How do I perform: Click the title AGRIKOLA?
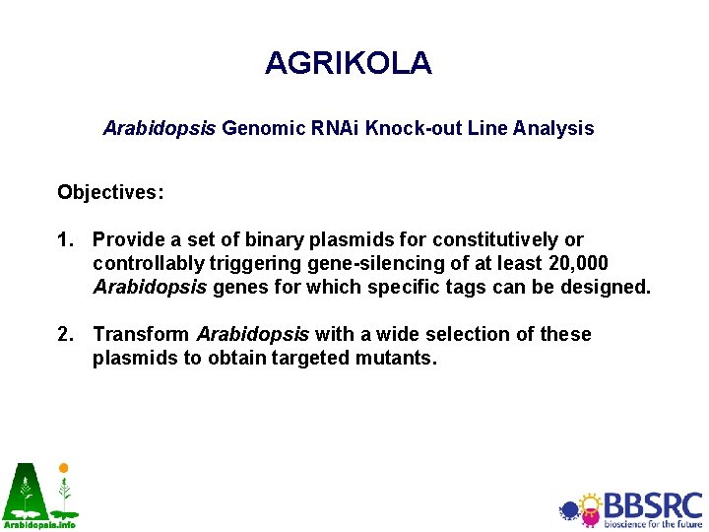[348, 63]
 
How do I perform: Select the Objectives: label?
[110, 192]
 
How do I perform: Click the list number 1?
[64, 239]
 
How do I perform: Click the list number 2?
[64, 334]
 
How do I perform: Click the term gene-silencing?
[294, 263]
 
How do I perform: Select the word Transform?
[142, 334]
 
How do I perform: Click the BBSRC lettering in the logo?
[653, 504]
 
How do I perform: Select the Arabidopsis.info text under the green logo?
[39, 524]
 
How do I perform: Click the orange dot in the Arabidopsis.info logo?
[64, 468]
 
